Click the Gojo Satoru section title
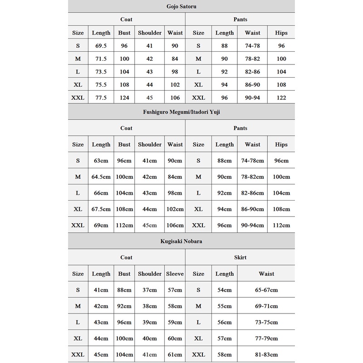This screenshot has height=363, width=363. pos(181,6)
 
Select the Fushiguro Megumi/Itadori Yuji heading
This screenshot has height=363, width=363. pos(181,112)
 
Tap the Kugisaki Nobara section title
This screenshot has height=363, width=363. pos(181,241)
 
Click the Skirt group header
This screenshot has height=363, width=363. pos(240,257)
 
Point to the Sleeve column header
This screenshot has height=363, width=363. pos(175,274)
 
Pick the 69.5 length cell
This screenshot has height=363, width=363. pos(101,46)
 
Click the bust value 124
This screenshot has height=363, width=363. pos(124,97)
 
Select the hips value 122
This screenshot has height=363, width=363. pos(281,97)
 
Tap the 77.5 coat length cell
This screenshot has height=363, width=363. pos(101,97)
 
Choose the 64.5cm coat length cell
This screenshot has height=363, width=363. pos(101,177)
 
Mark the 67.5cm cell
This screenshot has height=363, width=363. pos(101,209)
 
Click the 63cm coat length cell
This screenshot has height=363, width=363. pos(101,161)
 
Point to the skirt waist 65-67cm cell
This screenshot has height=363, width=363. pos(266,290)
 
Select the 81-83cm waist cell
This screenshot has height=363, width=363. pos(266,354)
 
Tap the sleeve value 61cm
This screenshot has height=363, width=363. pos(175,354)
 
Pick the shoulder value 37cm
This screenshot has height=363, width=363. pos(150,290)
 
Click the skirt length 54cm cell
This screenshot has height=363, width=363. pos(225,290)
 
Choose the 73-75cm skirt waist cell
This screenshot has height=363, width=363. pos(266,322)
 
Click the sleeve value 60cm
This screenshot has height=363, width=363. pos(175,338)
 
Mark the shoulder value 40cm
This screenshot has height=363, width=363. pos(150,338)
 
